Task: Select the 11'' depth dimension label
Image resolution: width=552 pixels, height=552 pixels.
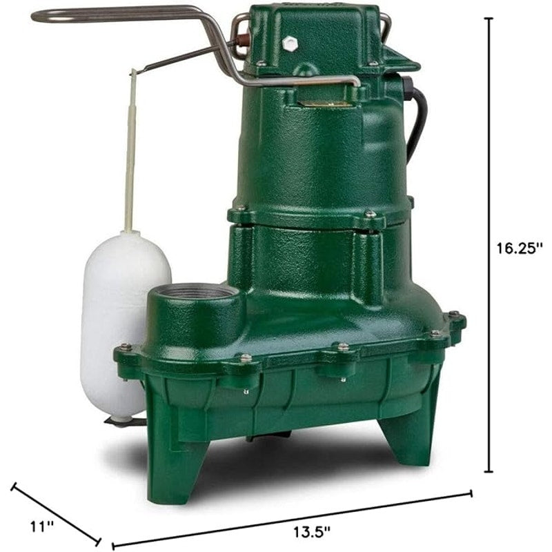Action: [43, 526]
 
